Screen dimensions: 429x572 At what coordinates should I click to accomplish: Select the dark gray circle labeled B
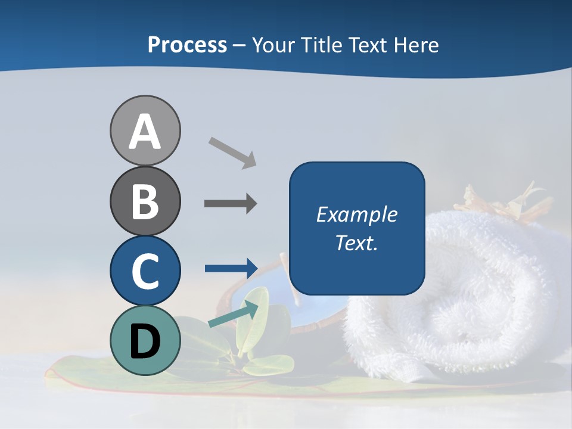pos(145,201)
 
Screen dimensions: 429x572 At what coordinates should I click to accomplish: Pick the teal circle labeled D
pos(145,340)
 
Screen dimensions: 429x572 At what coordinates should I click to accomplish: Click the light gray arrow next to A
pos(232,153)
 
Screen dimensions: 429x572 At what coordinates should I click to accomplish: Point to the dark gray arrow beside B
pos(231,204)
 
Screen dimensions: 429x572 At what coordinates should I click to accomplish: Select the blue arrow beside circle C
pos(231,268)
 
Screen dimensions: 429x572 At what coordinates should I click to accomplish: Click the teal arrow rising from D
pos(234,315)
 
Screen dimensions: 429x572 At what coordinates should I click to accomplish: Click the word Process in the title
pos(187,45)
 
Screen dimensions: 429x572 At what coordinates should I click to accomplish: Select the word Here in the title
pos(417,45)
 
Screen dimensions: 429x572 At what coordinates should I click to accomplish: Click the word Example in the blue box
pos(356,214)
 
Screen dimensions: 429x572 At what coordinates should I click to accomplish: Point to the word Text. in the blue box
pos(356,243)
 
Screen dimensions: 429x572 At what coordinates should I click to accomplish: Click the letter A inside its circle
pos(145,132)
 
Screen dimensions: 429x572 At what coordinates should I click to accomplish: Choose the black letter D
pos(145,343)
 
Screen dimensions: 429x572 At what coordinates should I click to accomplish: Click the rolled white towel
pos(459,298)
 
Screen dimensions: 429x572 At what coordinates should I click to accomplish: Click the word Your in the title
pos(271,45)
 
